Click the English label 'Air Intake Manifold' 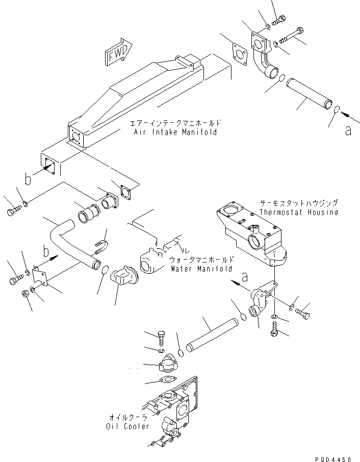175,132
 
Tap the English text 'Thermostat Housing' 298,212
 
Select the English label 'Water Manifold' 201,268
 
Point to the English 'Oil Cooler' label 128,426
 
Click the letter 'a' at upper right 348,131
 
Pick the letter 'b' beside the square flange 29,178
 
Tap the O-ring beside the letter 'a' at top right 337,111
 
